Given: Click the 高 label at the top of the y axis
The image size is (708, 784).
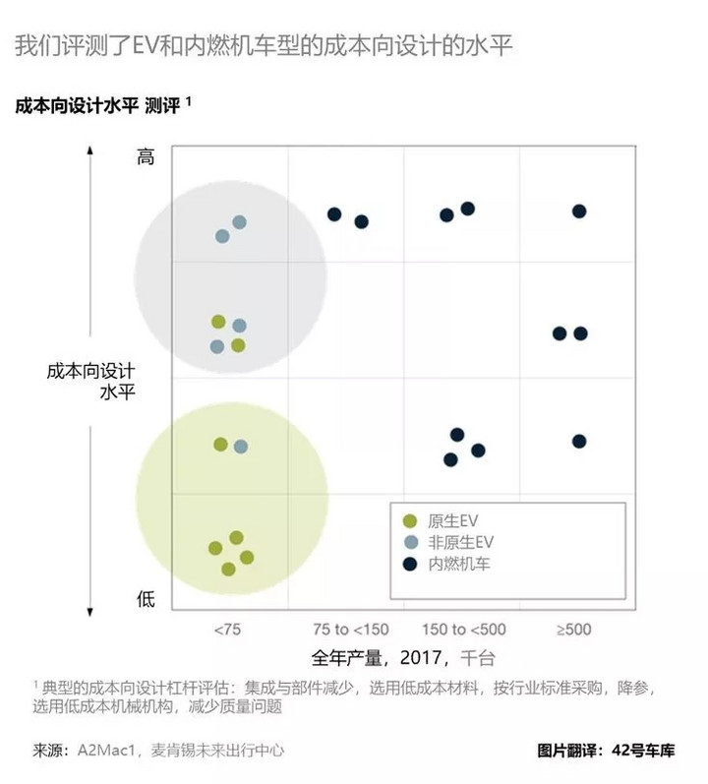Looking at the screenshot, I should point(146,156).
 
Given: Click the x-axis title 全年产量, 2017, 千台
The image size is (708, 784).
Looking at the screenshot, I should point(403,656).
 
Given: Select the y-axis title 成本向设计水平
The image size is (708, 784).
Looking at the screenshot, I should point(90,382).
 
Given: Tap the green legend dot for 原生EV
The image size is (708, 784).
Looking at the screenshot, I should point(411,520).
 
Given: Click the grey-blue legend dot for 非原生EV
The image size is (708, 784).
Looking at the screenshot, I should point(411,542).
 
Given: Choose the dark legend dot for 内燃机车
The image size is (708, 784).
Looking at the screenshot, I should point(411,564).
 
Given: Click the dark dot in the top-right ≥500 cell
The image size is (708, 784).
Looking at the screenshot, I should point(579,211).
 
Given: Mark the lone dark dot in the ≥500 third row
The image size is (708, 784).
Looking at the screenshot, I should point(579,441).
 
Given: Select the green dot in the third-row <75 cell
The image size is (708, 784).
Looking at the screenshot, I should point(220,445).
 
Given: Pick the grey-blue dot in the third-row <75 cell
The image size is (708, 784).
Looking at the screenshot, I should point(241,447).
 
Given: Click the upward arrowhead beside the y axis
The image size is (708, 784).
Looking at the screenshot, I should point(90,151).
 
